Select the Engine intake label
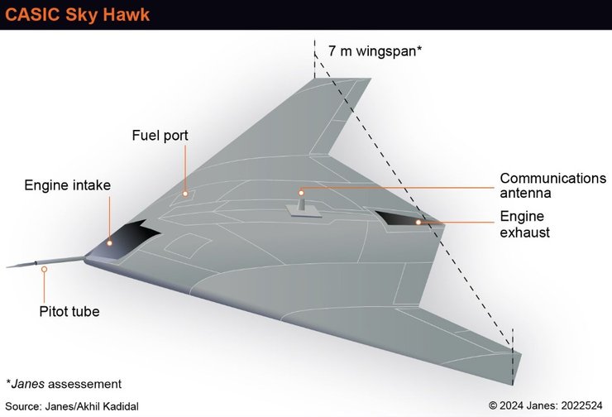[67, 185]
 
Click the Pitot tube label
[69, 312]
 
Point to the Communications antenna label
[552, 186]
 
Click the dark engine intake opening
[131, 237]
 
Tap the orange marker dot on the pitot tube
[44, 269]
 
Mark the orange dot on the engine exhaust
[418, 222]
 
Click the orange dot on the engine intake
[109, 242]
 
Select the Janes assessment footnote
[64, 384]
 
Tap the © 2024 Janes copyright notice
[546, 405]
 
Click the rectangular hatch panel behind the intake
[189, 245]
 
